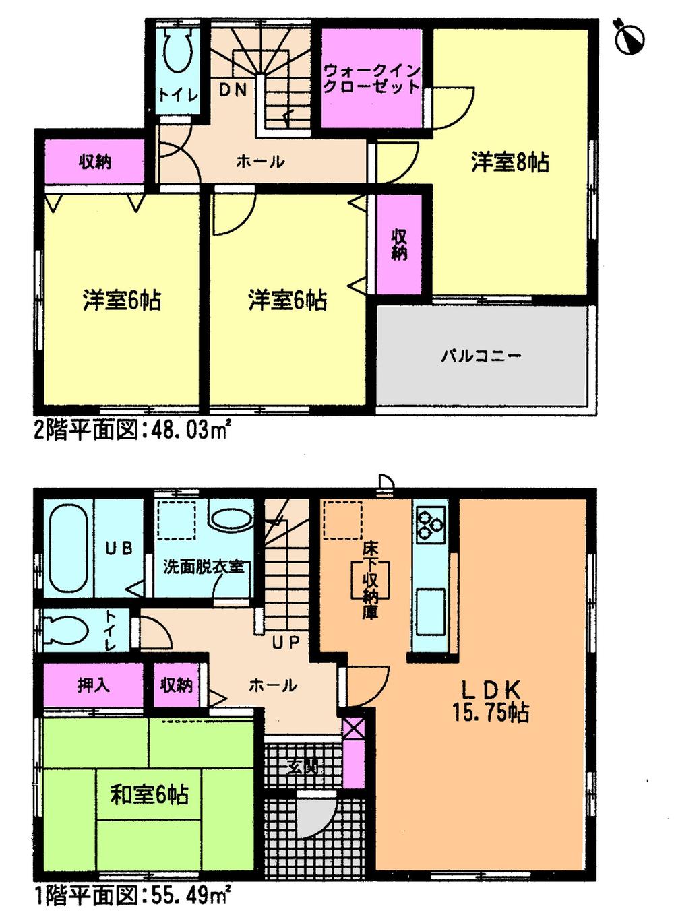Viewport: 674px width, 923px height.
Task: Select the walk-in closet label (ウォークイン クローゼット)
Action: [x=371, y=78]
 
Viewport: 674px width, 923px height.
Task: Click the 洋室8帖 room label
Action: [x=510, y=162]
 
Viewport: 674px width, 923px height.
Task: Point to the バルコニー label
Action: [x=481, y=356]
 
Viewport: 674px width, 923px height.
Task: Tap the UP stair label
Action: [x=286, y=642]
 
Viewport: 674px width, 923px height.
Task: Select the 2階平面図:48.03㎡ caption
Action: [x=133, y=429]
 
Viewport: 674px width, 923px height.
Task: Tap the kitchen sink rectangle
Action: [x=429, y=612]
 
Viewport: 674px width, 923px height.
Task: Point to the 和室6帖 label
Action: [x=149, y=795]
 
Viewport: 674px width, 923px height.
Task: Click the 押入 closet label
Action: [x=94, y=685]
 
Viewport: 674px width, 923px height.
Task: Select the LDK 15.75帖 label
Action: [x=490, y=701]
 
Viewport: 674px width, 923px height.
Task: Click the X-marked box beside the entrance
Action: [x=353, y=730]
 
